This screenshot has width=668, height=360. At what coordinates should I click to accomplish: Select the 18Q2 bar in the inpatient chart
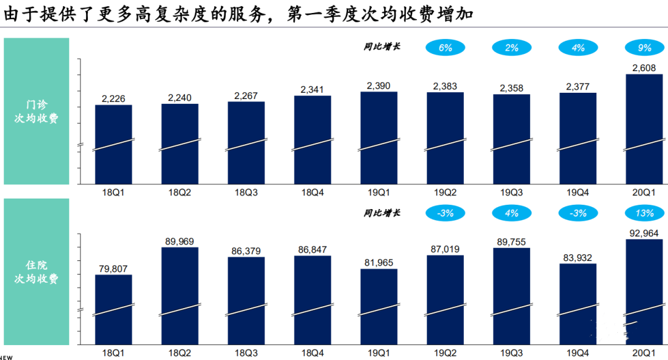click(180, 295)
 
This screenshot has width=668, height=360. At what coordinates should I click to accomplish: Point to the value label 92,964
click(644, 233)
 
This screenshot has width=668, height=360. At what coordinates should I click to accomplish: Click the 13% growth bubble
click(644, 213)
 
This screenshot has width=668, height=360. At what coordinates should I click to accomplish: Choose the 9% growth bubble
click(644, 47)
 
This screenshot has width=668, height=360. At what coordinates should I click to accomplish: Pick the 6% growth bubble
click(445, 47)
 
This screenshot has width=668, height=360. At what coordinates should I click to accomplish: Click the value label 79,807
click(114, 268)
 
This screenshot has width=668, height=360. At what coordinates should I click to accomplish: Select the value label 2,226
click(114, 98)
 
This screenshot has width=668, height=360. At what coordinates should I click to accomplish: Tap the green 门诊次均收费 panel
click(36, 111)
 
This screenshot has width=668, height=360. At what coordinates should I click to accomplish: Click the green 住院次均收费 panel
click(36, 272)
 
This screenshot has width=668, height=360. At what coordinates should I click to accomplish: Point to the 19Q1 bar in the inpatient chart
click(379, 306)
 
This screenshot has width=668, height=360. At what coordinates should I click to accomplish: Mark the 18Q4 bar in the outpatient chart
click(312, 139)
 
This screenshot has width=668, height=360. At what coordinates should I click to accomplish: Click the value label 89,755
click(512, 242)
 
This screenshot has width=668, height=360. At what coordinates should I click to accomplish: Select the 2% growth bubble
click(512, 47)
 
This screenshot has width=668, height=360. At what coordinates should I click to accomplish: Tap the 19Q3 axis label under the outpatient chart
click(512, 192)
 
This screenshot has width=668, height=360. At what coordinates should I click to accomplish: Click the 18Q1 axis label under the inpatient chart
click(114, 353)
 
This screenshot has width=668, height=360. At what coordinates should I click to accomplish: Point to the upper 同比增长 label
click(381, 46)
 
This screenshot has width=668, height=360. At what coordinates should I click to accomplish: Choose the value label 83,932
click(578, 257)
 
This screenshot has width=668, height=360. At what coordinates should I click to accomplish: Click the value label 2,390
click(379, 85)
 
